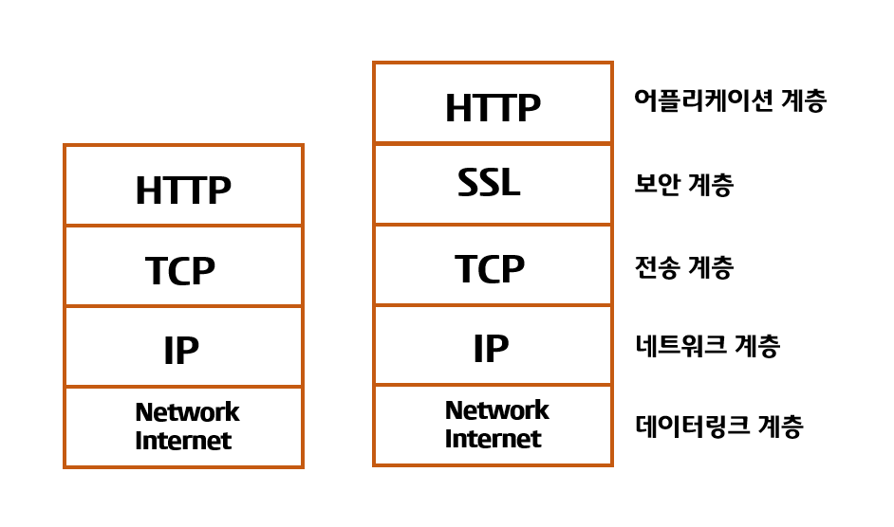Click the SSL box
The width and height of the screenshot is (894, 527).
pos(493,185)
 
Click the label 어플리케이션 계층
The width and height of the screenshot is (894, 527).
pos(730,101)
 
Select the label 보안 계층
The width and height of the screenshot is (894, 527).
pos(683,185)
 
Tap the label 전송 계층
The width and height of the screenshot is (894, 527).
pos(683,267)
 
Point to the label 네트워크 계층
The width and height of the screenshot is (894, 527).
pos(707,346)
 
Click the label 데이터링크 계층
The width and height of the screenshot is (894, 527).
pos(718,427)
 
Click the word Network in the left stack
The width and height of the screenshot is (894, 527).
pos(187,412)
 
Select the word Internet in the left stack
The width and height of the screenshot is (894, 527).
pos(183,441)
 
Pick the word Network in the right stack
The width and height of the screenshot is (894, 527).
pos(496,410)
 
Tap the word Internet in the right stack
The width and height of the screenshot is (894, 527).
pos(493,439)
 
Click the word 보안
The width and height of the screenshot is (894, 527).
pos(657,185)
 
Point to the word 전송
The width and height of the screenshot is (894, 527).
pos(657,267)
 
